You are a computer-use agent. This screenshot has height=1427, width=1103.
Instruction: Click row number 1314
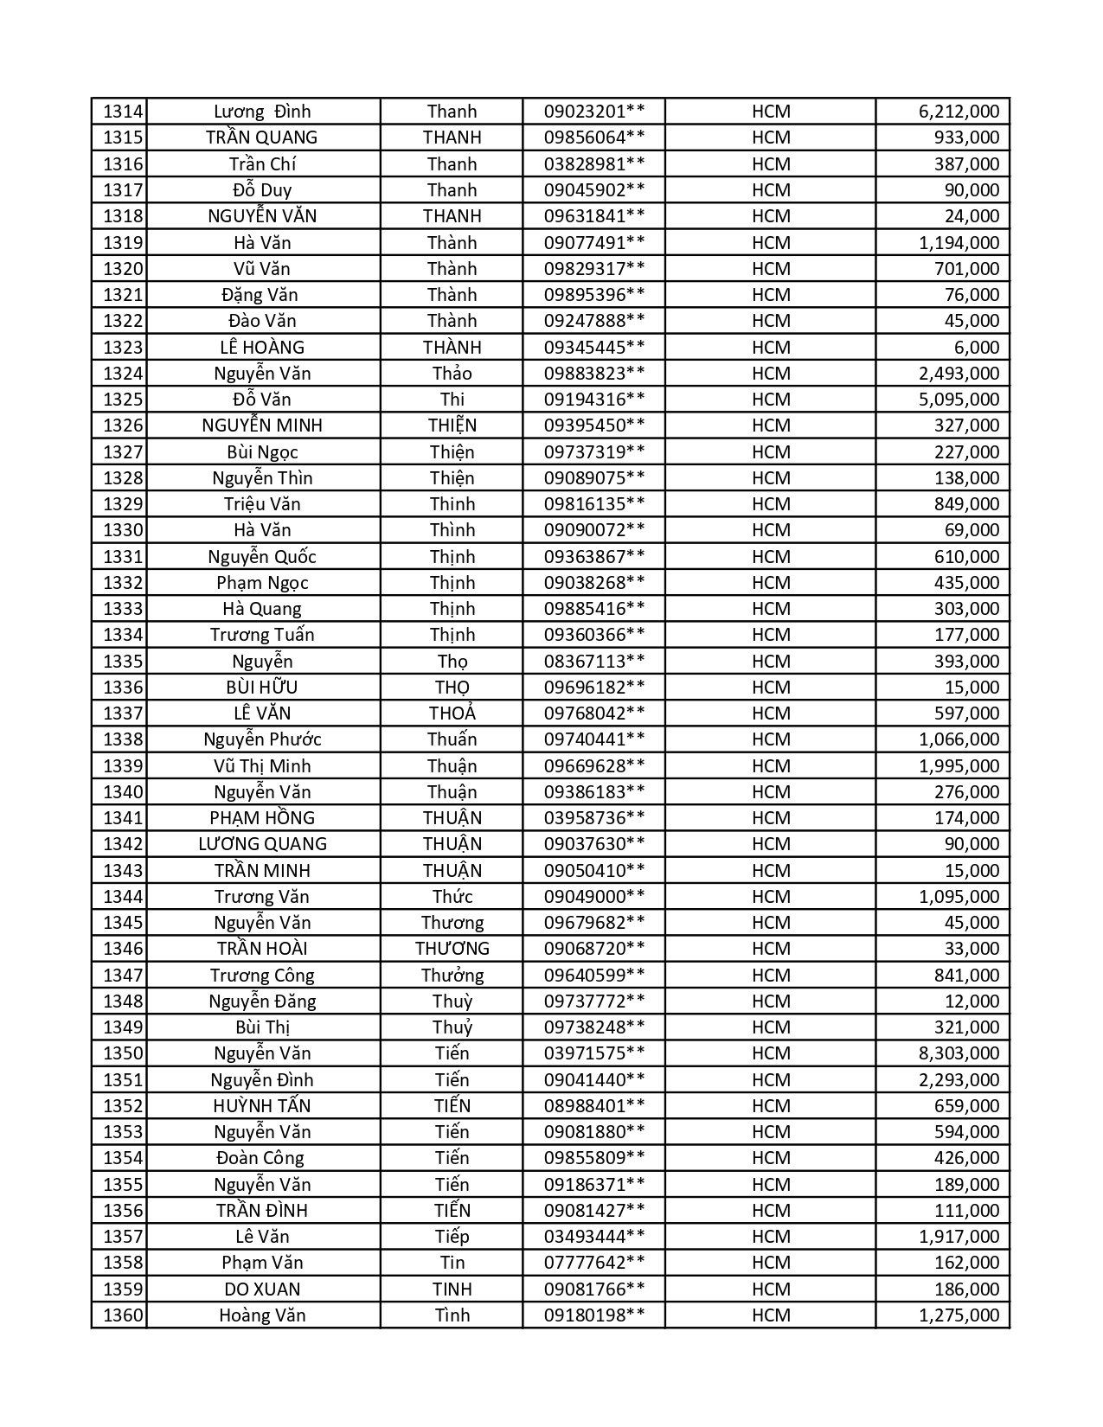pos(123,112)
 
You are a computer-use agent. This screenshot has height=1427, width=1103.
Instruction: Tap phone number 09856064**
pos(594,138)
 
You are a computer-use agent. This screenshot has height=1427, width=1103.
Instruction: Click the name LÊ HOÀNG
pos(262,348)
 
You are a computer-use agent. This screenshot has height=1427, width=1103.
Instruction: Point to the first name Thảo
pos(452,374)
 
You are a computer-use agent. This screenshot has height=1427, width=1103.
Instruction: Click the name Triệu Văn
pos(262,504)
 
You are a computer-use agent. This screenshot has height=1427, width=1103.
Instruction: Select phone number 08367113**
pos(594,662)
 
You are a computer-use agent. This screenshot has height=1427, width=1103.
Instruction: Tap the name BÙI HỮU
pos(262,688)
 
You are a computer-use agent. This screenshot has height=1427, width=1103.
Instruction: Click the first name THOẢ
pos(452,713)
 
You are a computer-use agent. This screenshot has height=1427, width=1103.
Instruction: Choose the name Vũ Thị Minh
pos(262,766)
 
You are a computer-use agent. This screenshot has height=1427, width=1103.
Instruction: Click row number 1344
pos(123,897)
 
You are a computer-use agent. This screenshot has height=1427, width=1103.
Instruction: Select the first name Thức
pos(452,897)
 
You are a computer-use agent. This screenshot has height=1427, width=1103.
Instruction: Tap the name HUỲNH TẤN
pos(262,1106)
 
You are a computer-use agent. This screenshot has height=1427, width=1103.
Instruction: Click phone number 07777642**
pos(594,1263)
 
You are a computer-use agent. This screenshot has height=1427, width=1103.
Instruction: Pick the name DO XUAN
pos(262,1289)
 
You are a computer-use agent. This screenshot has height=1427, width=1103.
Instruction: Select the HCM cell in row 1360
pos(771,1315)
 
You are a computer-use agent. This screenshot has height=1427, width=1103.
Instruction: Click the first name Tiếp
pos(452,1237)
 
